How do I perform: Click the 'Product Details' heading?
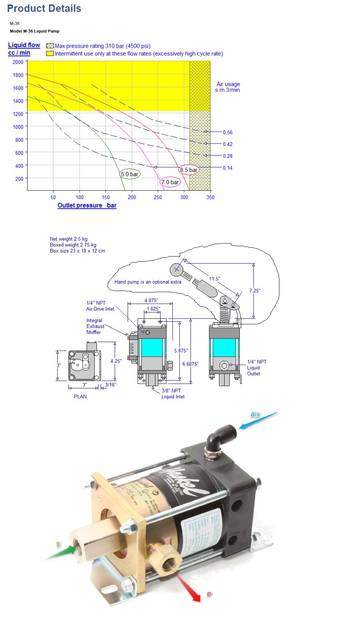coord(44,9)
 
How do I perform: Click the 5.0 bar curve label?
coord(130,174)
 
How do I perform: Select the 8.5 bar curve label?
coord(189,170)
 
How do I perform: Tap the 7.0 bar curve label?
coord(170,182)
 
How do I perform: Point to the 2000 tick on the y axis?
coord(18,62)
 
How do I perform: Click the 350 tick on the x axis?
coord(210,197)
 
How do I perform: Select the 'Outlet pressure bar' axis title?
coord(87,205)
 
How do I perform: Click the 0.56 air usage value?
coord(228,133)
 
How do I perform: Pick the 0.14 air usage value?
coord(228,168)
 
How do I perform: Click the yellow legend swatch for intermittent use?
coord(50,54)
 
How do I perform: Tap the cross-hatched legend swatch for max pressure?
coord(50,46)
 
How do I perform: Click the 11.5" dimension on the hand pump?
coord(215,279)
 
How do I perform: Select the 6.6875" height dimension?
coord(190,364)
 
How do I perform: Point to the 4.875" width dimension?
coord(151,301)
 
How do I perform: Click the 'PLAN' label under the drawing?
coord(80,397)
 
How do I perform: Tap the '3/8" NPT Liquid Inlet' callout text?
coord(173,394)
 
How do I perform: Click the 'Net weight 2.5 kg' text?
coord(68,239)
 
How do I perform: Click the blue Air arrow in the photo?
coord(258,420)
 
